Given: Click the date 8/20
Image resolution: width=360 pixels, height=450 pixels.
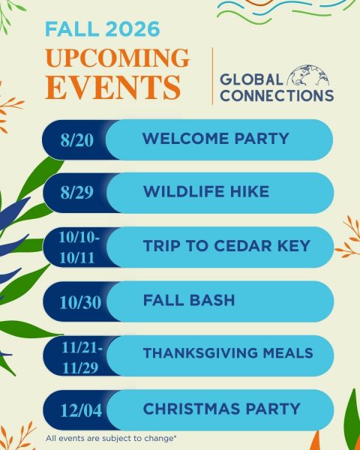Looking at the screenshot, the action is [77, 140].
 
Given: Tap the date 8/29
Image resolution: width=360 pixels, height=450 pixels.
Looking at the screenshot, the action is [77, 192].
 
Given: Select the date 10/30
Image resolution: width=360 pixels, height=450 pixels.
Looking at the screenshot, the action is [80, 302].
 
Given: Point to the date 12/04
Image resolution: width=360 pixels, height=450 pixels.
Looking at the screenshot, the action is [81, 411].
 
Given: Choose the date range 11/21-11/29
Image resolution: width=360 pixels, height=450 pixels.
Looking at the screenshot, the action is [82, 358].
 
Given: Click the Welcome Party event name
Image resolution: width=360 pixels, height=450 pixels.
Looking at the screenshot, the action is [215, 139].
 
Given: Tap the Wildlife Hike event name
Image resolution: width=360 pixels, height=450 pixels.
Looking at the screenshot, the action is [206, 192].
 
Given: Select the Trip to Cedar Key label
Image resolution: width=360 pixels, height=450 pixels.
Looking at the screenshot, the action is [226, 246].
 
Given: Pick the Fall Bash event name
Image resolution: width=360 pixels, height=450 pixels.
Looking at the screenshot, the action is [189, 300].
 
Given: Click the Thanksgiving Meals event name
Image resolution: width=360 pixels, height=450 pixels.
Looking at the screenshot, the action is [228, 353].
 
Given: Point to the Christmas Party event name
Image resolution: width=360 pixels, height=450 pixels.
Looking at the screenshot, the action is [222, 409].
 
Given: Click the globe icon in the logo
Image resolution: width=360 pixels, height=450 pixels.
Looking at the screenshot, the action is [308, 75].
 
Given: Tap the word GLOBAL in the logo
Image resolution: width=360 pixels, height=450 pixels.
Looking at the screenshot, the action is [251, 79].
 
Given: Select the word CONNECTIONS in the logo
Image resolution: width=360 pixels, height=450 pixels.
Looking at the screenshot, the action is [277, 95].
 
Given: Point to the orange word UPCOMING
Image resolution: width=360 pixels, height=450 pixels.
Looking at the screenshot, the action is [117, 58].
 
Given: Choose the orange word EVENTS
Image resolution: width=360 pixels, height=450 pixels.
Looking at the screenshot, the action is [112, 87].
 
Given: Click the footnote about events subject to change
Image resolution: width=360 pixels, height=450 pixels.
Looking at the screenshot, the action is [111, 439].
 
